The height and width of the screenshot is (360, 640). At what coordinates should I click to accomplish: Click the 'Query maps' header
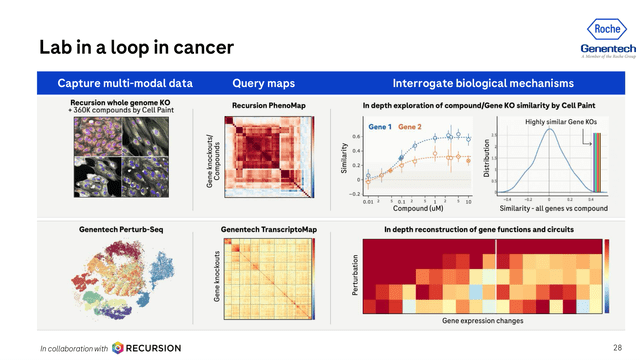point(261,82)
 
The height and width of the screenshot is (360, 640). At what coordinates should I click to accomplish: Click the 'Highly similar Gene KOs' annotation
point(564,121)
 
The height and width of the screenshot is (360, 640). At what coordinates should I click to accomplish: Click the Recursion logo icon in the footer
point(119,347)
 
